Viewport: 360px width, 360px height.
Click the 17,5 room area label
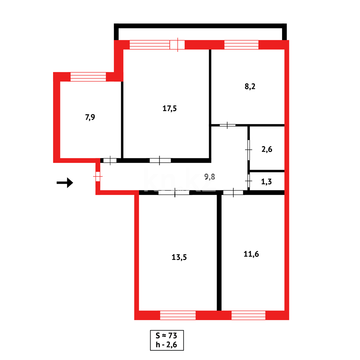pos(170,108)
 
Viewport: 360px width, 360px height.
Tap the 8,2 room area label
pos(250,86)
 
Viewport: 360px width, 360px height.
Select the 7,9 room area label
pos(90,117)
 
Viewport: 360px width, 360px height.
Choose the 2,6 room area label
pos(267,149)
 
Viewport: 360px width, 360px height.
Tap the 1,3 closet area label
pos(266,182)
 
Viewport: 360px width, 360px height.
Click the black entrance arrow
pos(65,183)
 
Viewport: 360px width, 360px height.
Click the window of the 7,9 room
pos(88,77)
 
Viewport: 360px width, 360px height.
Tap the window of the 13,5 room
pos(178,315)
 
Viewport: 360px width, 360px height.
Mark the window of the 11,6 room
pos(248,315)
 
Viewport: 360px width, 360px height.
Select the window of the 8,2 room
pos(241,45)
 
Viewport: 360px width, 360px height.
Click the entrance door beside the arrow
pos(98,176)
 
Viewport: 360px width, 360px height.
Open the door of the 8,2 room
pos(227,125)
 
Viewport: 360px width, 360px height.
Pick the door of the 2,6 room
pos(249,150)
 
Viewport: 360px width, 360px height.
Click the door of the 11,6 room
pos(233,192)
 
